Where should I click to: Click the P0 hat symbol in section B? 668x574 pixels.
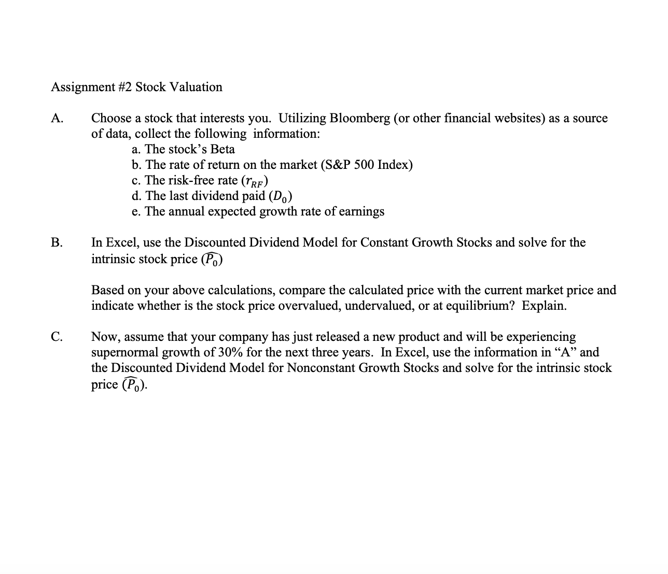point(212,259)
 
